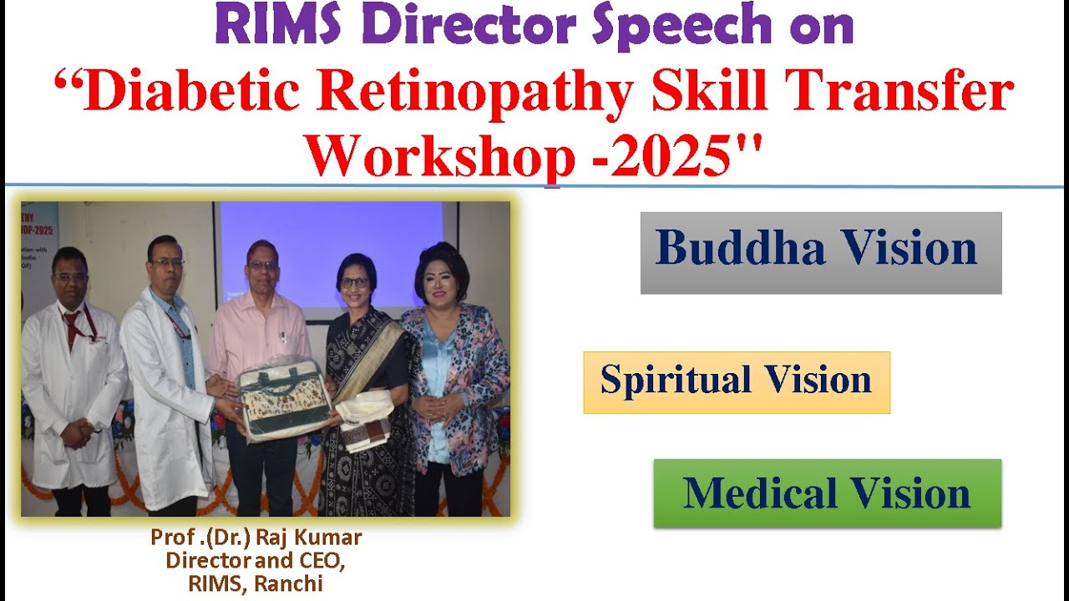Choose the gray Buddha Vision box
(820, 252)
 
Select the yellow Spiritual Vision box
(736, 381)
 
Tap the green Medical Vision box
(827, 492)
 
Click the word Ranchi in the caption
(288, 583)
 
